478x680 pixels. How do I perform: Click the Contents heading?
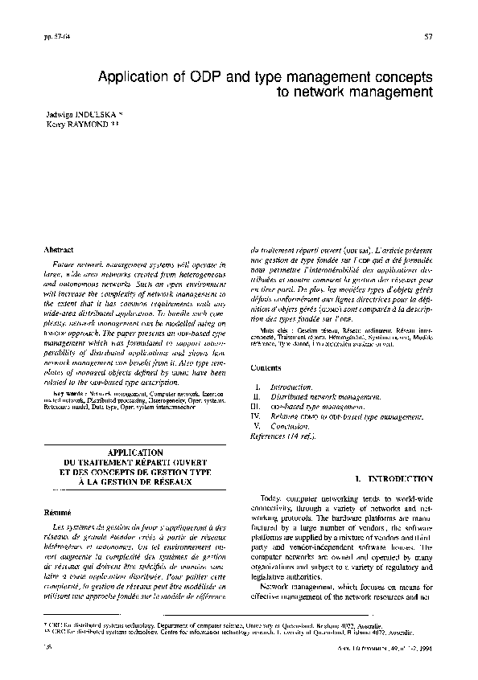coord(266,367)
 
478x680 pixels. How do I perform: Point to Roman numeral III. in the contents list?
coord(257,407)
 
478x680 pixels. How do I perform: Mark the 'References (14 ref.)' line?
coord(282,436)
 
